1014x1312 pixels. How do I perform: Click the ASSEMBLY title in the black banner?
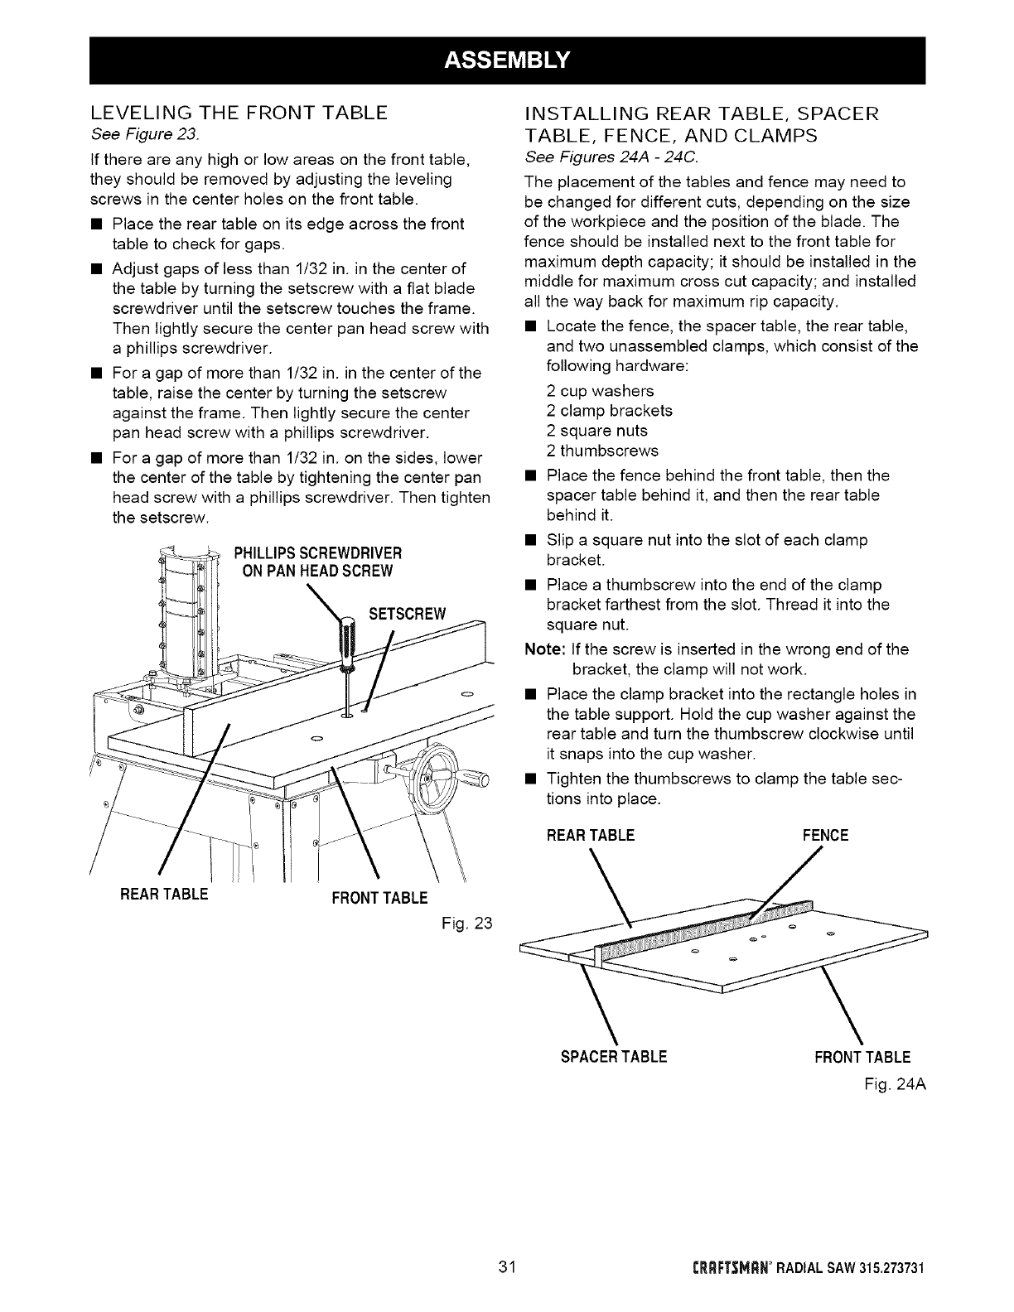[x=507, y=60]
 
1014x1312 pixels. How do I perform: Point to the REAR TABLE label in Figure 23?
[x=164, y=895]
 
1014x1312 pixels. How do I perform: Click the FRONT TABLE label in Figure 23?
[x=379, y=899]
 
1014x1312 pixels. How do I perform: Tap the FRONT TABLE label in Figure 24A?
[x=862, y=1057]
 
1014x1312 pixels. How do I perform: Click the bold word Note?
[x=543, y=649]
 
